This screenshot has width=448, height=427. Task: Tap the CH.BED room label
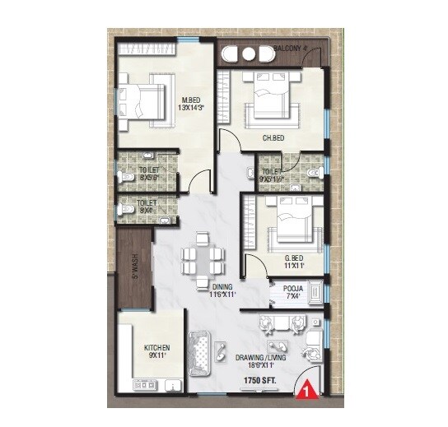(x=273, y=138)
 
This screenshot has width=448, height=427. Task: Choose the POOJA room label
(x=294, y=289)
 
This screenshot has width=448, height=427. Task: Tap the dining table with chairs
(x=203, y=259)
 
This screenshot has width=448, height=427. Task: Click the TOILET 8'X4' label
(x=147, y=206)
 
